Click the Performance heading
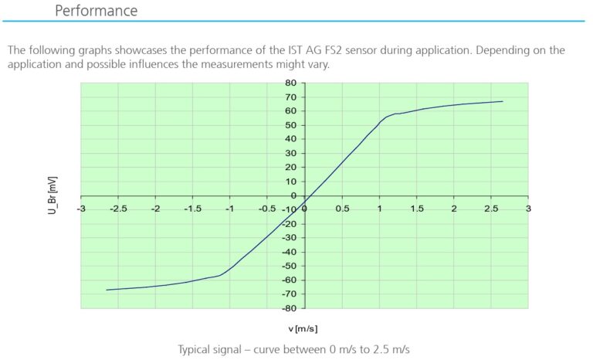click(x=97, y=11)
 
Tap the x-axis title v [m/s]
click(x=303, y=328)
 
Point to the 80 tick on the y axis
click(x=292, y=83)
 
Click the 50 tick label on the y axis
click(x=292, y=125)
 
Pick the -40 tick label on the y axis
click(x=290, y=252)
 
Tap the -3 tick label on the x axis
click(x=81, y=209)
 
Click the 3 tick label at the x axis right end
click(x=528, y=209)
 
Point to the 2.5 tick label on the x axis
click(x=491, y=209)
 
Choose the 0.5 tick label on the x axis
click(x=342, y=209)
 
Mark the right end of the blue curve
click(x=503, y=101)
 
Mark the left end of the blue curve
click(x=107, y=290)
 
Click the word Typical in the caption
click(x=198, y=348)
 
